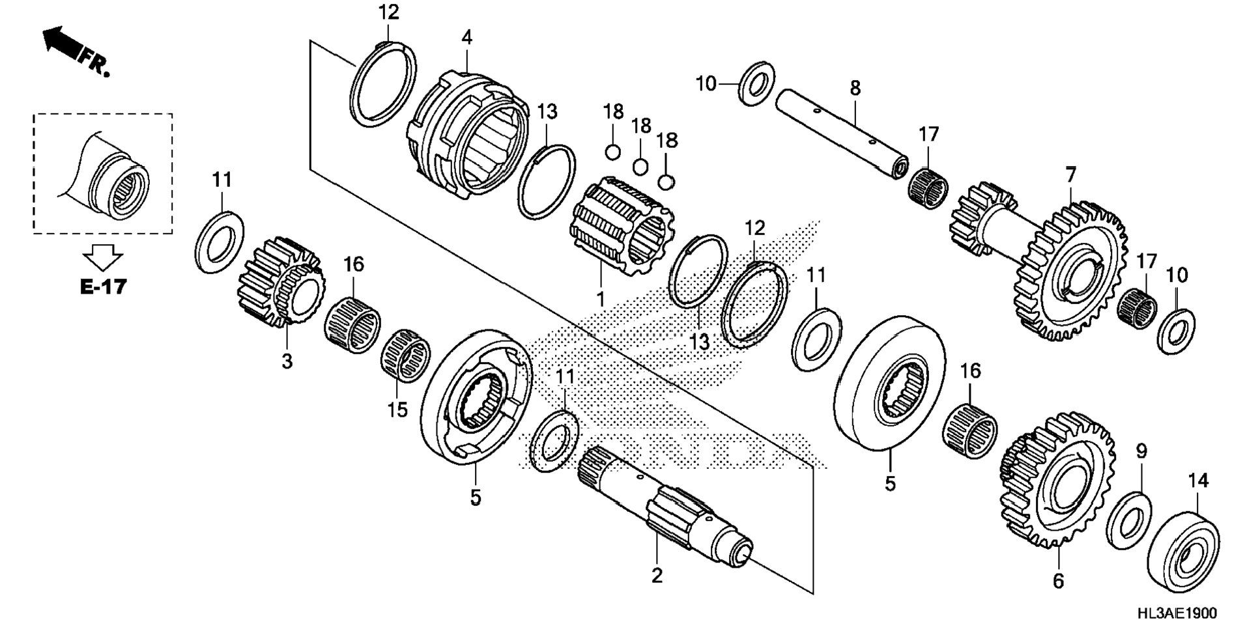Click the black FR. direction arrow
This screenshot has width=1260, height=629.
point(61,42)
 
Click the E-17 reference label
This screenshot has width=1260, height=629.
point(103,286)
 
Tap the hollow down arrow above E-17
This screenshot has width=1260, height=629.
point(104,257)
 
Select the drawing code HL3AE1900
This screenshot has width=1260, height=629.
point(1177,613)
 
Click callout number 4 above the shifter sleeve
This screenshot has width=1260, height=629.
point(466,38)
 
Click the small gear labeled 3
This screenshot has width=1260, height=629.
point(281,281)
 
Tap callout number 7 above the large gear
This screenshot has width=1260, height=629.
point(1071,175)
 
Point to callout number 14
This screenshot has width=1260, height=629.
point(1197,481)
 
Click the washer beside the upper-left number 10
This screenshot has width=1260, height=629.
point(756,83)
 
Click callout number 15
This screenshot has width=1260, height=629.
point(397,410)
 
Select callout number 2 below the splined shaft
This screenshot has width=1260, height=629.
point(656,576)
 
